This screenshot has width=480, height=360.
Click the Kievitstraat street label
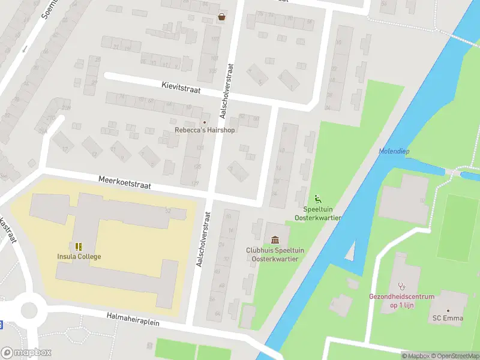coord(180,88)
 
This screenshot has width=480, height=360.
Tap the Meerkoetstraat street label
coord(125,182)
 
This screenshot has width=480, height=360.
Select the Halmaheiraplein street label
coord(133,319)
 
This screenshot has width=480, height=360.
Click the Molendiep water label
coord(394,151)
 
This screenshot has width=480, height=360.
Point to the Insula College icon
coord(79,247)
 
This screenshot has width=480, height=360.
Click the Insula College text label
coord(79,257)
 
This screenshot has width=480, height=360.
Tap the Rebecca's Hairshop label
coord(205,130)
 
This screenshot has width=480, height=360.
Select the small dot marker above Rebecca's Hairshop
coord(204,122)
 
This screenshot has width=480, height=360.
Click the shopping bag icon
coord(222,17)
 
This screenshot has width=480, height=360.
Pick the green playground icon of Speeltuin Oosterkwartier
coord(317,200)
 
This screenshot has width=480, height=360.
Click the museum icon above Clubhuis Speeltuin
coord(275,241)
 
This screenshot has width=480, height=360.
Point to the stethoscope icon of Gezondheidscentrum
coord(401,286)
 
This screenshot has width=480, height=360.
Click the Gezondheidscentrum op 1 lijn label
coord(400,301)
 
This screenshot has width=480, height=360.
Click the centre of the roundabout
coord(28,310)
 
